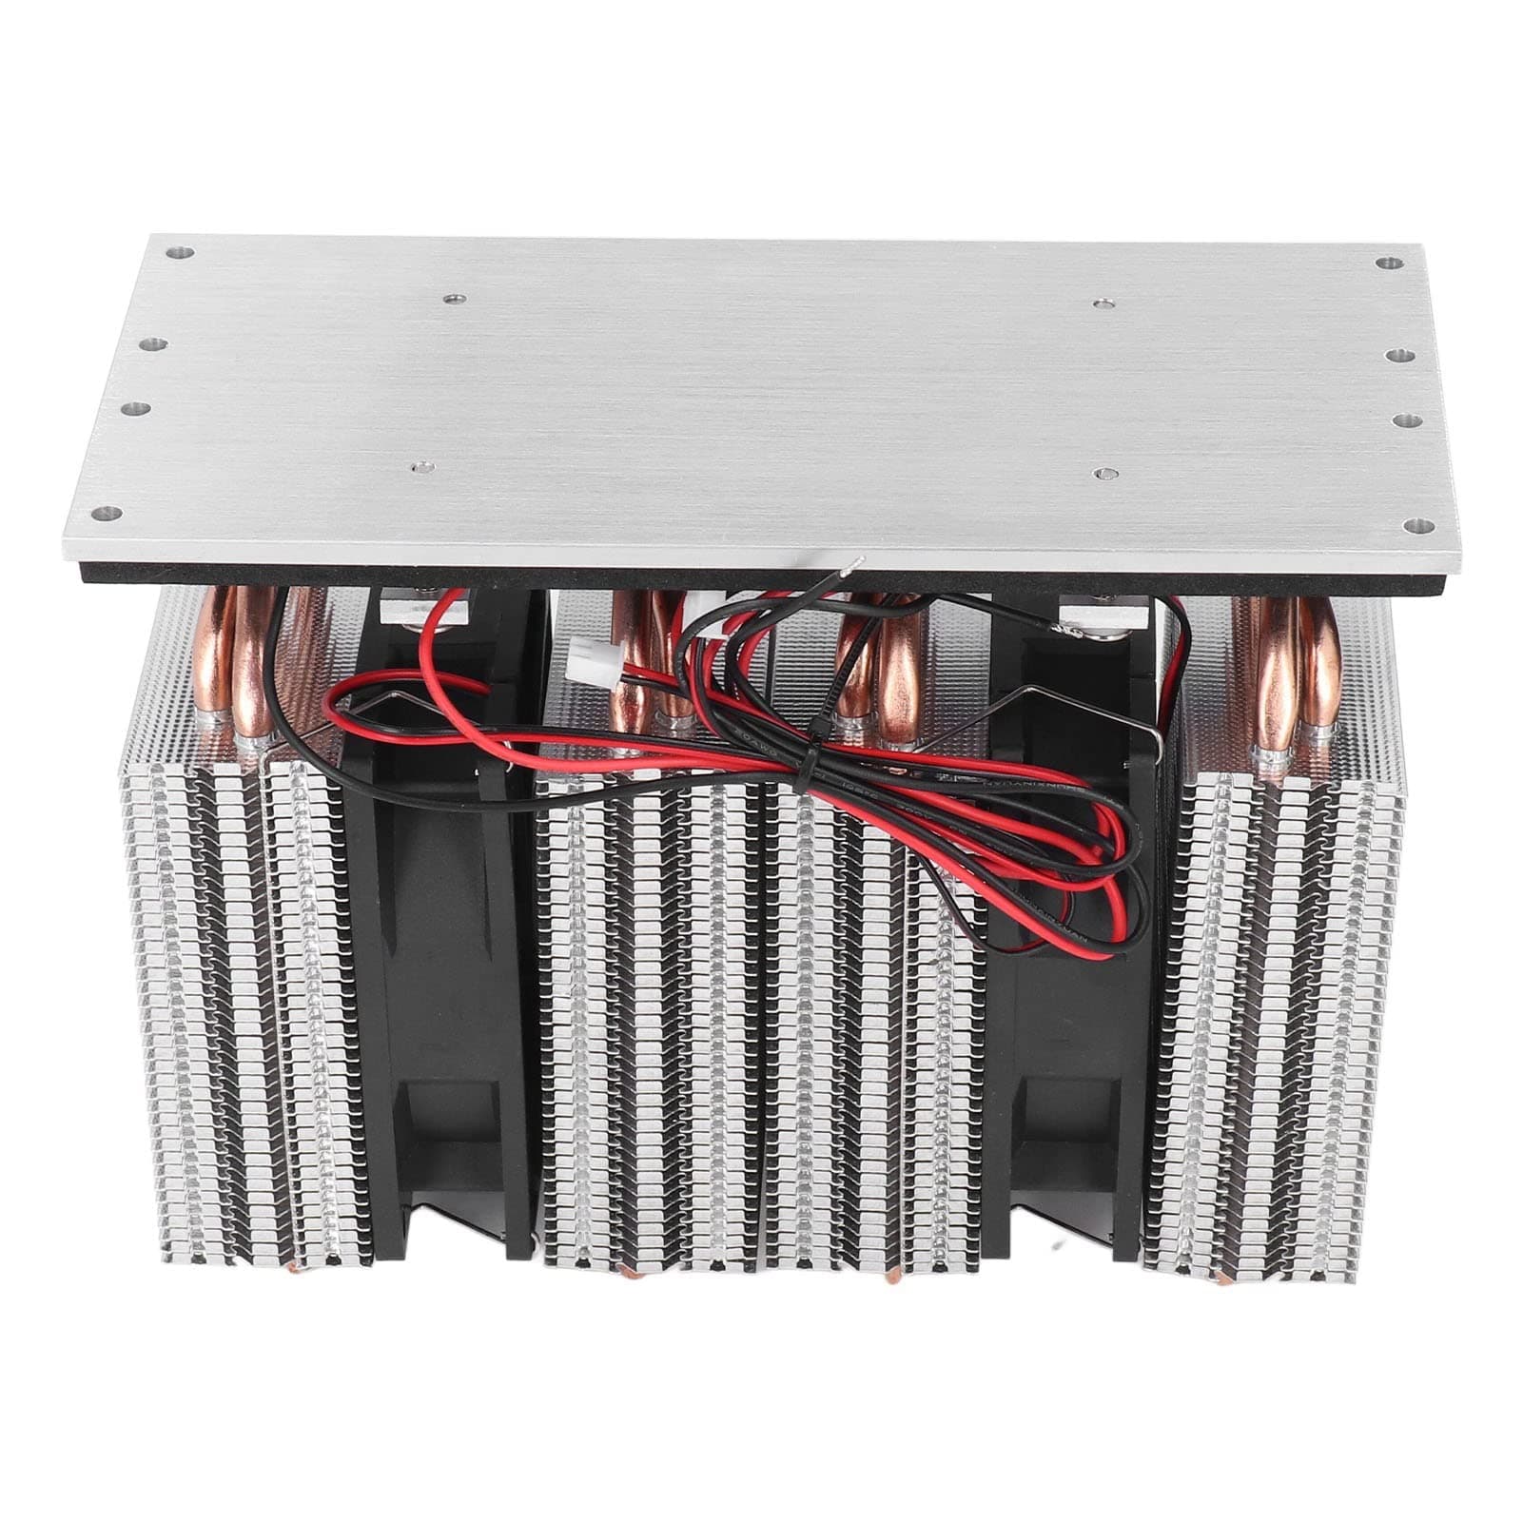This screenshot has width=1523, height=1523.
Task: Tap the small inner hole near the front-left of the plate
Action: click(416, 467)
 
